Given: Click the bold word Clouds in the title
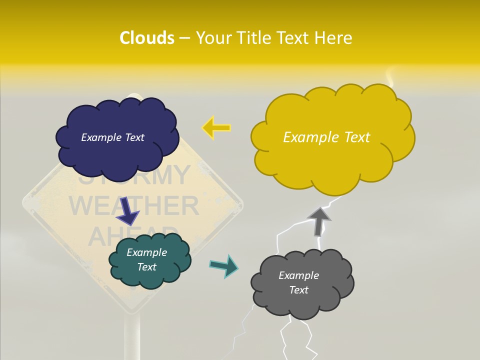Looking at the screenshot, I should (147, 38).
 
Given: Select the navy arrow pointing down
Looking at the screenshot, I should (127, 211).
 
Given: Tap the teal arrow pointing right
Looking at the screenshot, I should (224, 265).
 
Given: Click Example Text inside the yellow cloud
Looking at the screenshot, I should (326, 137).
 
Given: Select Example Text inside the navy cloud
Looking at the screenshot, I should (112, 137).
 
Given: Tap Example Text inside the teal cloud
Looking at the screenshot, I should (147, 259).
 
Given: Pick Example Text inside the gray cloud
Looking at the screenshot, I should (298, 282).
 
